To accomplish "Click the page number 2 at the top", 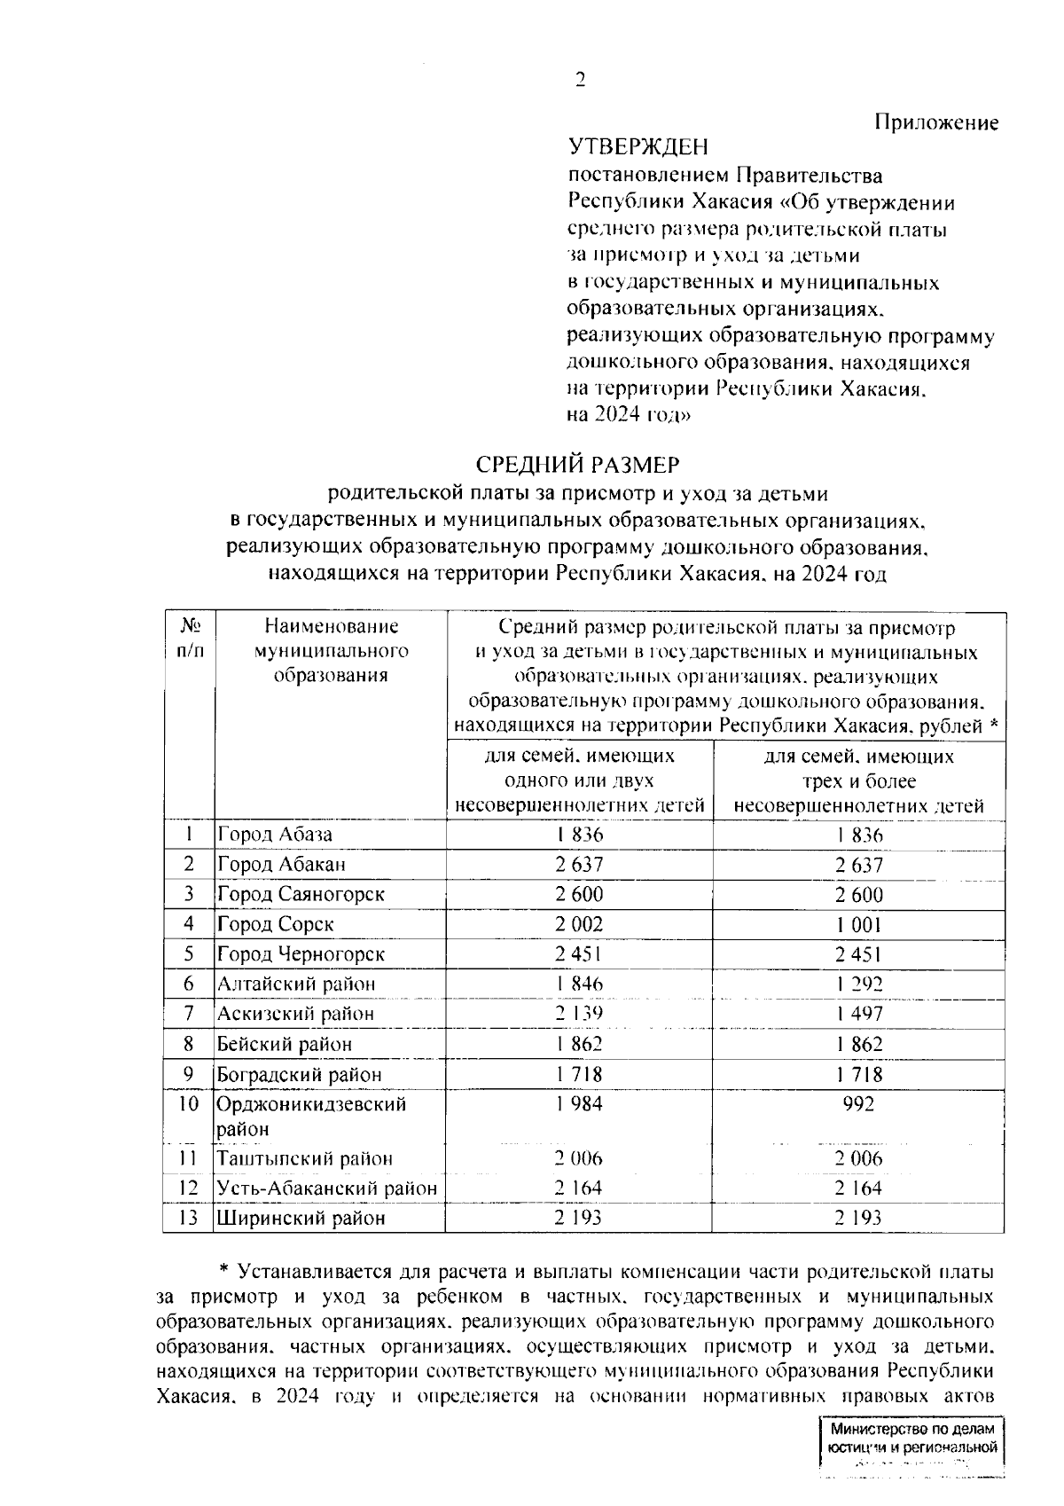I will click(x=581, y=81).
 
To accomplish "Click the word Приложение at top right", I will click(x=936, y=122).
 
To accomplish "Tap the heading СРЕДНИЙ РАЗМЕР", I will click(x=577, y=464).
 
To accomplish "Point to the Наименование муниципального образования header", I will click(x=331, y=651).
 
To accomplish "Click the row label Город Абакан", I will click(x=281, y=864).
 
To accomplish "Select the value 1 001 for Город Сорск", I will click(x=858, y=924).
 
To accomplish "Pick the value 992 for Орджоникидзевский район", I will click(x=858, y=1103).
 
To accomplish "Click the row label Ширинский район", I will click(x=301, y=1218).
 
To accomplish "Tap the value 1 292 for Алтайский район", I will click(x=858, y=984).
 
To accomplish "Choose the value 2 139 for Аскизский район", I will click(x=579, y=1013).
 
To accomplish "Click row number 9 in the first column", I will click(x=189, y=1073).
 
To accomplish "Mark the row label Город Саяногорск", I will click(x=301, y=894).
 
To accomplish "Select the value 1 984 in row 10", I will click(x=579, y=1103).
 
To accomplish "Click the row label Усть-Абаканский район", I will click(x=326, y=1188).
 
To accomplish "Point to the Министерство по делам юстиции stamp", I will click(x=911, y=1454).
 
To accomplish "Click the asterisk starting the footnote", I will click(x=223, y=1270).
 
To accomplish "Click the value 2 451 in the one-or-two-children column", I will click(x=579, y=954).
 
